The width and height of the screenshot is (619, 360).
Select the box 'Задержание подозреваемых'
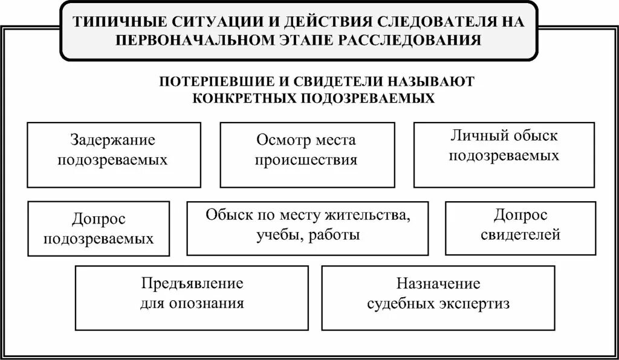pyautogui.click(x=114, y=155)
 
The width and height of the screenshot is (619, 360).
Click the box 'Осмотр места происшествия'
pyautogui.click(x=307, y=155)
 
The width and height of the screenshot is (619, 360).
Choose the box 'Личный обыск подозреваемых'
pyautogui.click(x=504, y=155)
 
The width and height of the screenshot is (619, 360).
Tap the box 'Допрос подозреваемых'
pyautogui.click(x=99, y=229)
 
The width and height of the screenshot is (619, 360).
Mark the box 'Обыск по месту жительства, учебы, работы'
pyautogui.click(x=307, y=228)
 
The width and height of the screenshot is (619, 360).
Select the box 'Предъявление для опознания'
pyautogui.click(x=192, y=298)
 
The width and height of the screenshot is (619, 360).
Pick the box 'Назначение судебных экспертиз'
pyautogui.click(x=438, y=298)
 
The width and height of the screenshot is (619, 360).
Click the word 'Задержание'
pyautogui.click(x=113, y=140)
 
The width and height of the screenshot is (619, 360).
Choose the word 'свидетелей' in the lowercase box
pyautogui.click(x=520, y=234)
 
